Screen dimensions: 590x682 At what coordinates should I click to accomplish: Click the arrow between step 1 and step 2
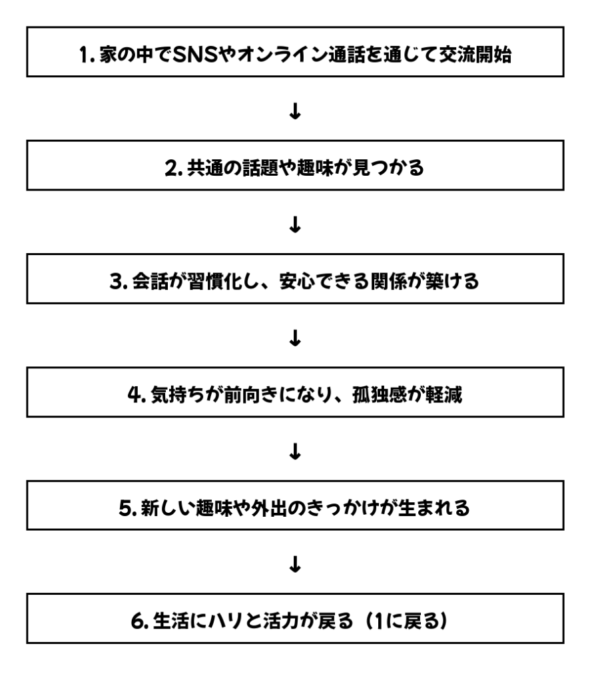(295, 111)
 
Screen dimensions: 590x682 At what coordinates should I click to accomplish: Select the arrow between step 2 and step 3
(295, 225)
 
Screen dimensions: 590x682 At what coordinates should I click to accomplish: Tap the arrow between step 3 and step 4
(295, 338)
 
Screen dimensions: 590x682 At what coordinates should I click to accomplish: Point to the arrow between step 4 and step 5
(295, 452)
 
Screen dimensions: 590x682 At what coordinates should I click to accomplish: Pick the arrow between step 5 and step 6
(295, 565)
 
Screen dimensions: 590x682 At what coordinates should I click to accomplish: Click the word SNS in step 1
(195, 55)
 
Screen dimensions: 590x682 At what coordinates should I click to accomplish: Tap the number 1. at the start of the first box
(87, 55)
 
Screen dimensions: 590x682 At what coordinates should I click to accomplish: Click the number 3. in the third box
(119, 282)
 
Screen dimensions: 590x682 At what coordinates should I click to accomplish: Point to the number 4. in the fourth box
(137, 395)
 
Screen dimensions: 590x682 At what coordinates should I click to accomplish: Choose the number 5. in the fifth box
(128, 508)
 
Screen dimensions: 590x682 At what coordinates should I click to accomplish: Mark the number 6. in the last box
(140, 621)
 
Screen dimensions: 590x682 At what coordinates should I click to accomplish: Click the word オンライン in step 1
(282, 55)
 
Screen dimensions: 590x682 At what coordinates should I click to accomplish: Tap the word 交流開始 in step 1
(475, 55)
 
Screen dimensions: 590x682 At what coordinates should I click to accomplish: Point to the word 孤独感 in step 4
(379, 395)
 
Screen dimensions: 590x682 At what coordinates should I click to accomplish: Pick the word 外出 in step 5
(268, 508)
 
